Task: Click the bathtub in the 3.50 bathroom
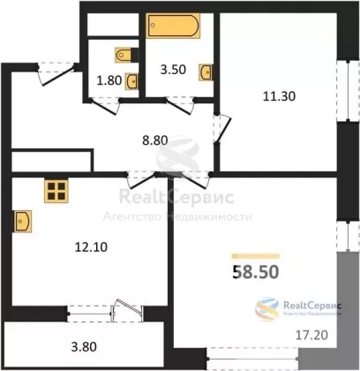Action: [x=174, y=26]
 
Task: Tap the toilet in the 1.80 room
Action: [x=126, y=55]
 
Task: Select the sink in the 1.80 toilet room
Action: [x=132, y=81]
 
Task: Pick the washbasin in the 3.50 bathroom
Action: [x=206, y=72]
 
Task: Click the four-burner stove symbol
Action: [x=56, y=191]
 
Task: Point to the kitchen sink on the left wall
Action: [x=22, y=221]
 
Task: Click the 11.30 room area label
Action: [x=279, y=96]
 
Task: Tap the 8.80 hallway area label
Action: [x=155, y=140]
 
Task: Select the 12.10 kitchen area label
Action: [x=91, y=247]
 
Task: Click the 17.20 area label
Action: [x=311, y=335]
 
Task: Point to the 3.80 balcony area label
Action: [x=84, y=346]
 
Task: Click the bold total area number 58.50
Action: [x=256, y=271]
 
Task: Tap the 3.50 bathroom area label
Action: [x=173, y=70]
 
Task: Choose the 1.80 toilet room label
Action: [x=109, y=80]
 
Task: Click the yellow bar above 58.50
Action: [x=256, y=256]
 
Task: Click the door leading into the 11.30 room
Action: [x=222, y=128]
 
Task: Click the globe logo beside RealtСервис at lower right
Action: [x=266, y=308]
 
